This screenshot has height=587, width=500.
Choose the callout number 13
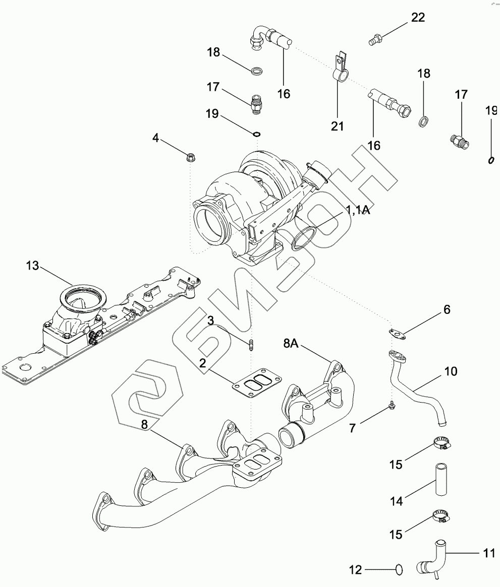pos(32,266)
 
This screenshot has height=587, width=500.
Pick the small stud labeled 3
pos(250,345)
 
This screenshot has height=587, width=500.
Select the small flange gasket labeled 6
pos(398,333)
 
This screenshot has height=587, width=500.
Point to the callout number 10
pos(451,371)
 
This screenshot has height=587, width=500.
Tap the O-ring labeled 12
pos(399,570)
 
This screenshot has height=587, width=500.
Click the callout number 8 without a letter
pos(144,425)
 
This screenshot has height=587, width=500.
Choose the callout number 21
pos(337,126)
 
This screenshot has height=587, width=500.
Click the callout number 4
pos(156,138)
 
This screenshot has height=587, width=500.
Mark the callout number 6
pos(446,309)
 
